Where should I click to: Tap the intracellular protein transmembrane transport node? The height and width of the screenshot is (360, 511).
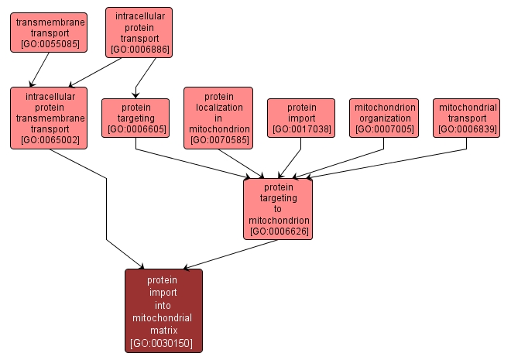pyautogui.click(x=48, y=118)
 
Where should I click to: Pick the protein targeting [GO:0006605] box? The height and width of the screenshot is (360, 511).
pyautogui.click(x=135, y=118)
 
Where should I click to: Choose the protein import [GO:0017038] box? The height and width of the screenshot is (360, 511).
pyautogui.click(x=301, y=118)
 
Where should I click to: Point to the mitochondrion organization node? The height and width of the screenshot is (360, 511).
pyautogui.click(x=384, y=118)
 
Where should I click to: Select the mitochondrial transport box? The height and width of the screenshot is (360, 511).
pyautogui.click(x=466, y=118)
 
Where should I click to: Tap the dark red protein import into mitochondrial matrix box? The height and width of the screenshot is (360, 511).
pyautogui.click(x=163, y=310)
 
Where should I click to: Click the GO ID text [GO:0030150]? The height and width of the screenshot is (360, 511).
pyautogui.click(x=163, y=342)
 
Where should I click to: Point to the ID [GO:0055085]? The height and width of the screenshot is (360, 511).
pyautogui.click(x=48, y=44)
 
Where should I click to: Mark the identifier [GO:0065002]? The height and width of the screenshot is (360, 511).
pyautogui.click(x=48, y=140)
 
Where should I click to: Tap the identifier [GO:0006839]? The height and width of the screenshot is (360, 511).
pyautogui.click(x=466, y=129)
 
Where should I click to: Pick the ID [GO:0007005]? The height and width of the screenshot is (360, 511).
pyautogui.click(x=384, y=129)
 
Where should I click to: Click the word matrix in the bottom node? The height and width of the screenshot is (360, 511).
pyautogui.click(x=163, y=330)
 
